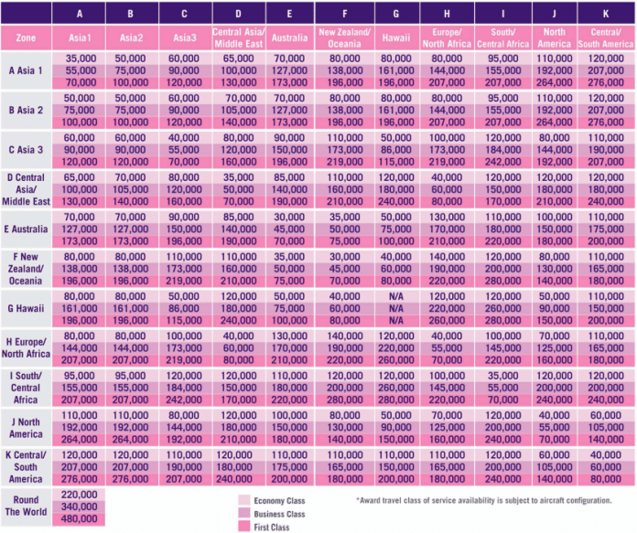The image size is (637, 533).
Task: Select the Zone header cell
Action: [26, 39]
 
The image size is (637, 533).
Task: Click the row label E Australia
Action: [26, 229]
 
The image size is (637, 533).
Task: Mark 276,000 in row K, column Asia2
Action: [134, 477]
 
